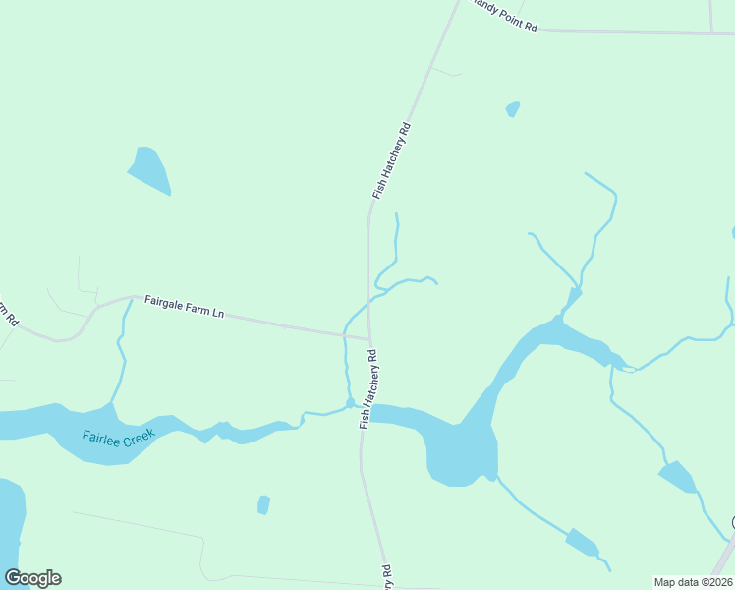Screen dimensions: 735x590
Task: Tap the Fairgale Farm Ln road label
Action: (x=185, y=306)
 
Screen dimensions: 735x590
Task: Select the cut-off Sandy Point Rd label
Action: (x=503, y=15)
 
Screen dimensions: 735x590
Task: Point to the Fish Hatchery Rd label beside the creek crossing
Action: (x=369, y=389)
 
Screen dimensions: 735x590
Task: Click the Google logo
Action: (x=32, y=578)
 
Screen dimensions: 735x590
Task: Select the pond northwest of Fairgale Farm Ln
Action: (x=149, y=170)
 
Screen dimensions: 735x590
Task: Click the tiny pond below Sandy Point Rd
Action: (x=512, y=108)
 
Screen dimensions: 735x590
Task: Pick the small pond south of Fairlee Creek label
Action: (x=263, y=504)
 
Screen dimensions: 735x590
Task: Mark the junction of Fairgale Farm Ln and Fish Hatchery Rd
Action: (x=369, y=338)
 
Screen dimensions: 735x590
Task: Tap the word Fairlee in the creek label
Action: (x=100, y=436)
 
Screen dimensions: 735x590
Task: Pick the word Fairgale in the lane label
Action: (x=164, y=302)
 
